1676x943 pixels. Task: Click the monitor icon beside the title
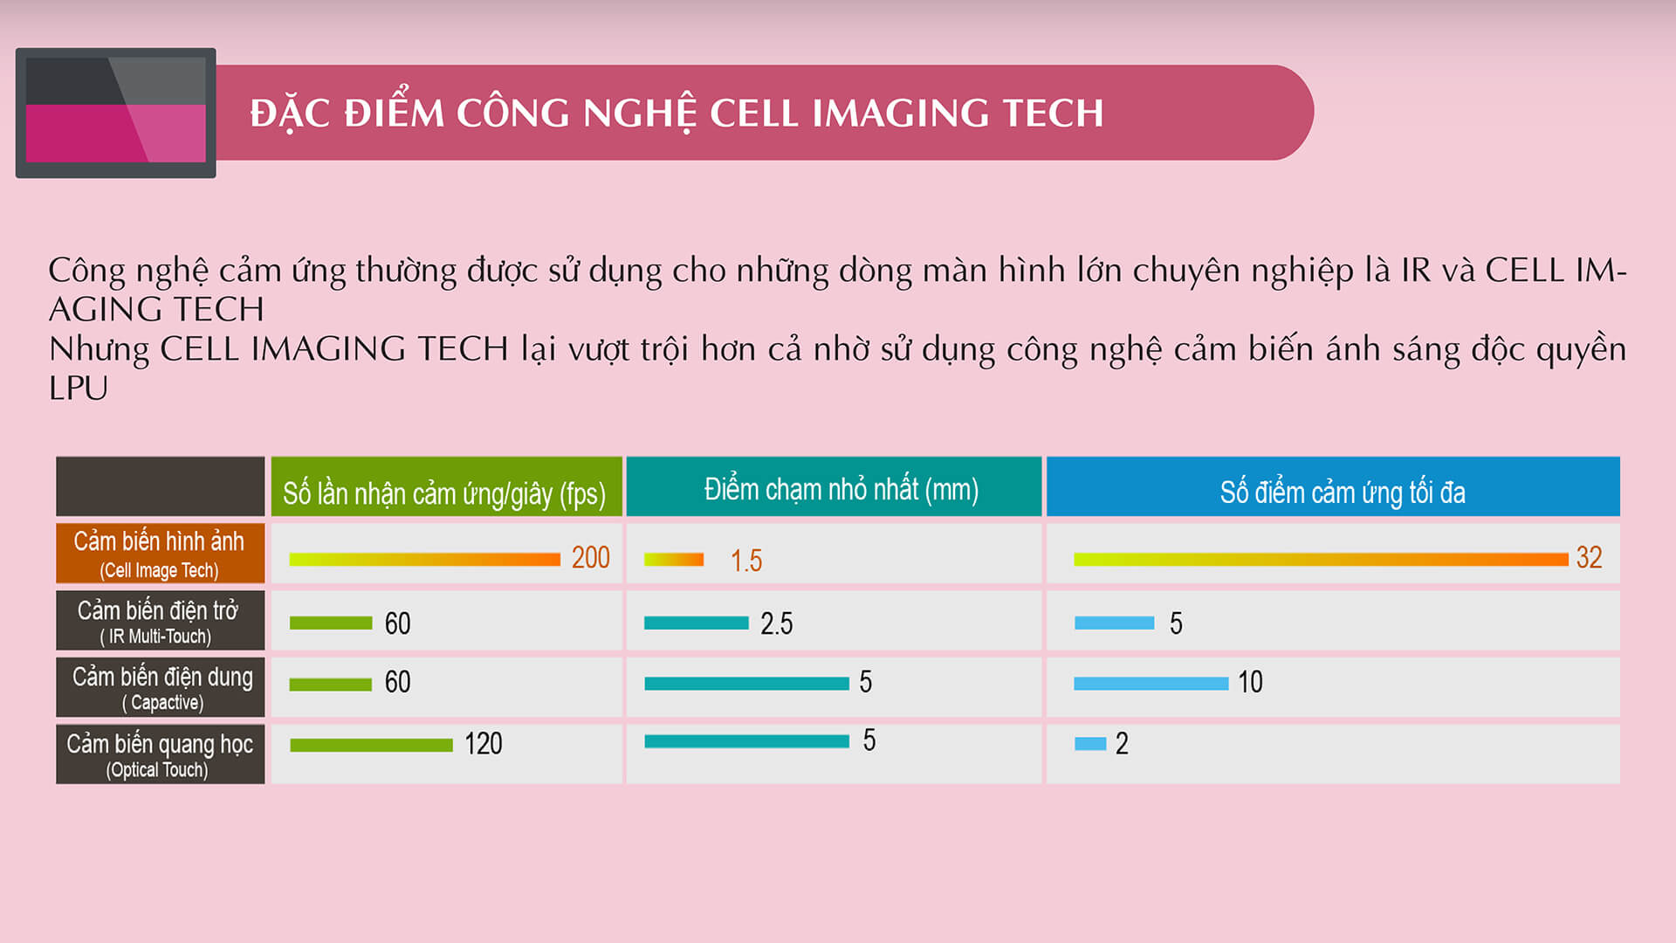coord(115,113)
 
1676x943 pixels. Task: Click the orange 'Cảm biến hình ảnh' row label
coord(160,553)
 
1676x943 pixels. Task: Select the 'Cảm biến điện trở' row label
coord(160,620)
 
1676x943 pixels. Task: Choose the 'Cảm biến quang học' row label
coord(160,754)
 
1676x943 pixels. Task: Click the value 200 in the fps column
coord(591,557)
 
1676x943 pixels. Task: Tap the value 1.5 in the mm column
coord(746,561)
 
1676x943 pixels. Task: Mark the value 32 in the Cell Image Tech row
coord(1589,557)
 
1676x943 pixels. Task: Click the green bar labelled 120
coord(372,745)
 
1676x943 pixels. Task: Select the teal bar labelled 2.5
coord(697,623)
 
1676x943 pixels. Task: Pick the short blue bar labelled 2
coord(1090,744)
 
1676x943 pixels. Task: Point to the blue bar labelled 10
coord(1151,684)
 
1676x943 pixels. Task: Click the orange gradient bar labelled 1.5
coord(674,560)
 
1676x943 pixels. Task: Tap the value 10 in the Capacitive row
coord(1250,682)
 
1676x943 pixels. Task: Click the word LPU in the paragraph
coord(79,389)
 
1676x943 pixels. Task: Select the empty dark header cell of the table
coord(160,486)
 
